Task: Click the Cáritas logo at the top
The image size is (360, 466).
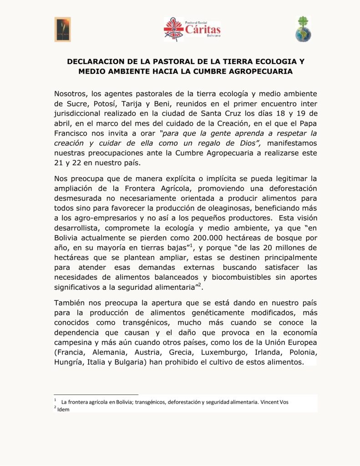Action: pyautogui.click(x=192, y=29)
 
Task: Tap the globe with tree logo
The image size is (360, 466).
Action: pyautogui.click(x=303, y=29)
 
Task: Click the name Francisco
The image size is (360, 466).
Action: pyautogui.click(x=72, y=133)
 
